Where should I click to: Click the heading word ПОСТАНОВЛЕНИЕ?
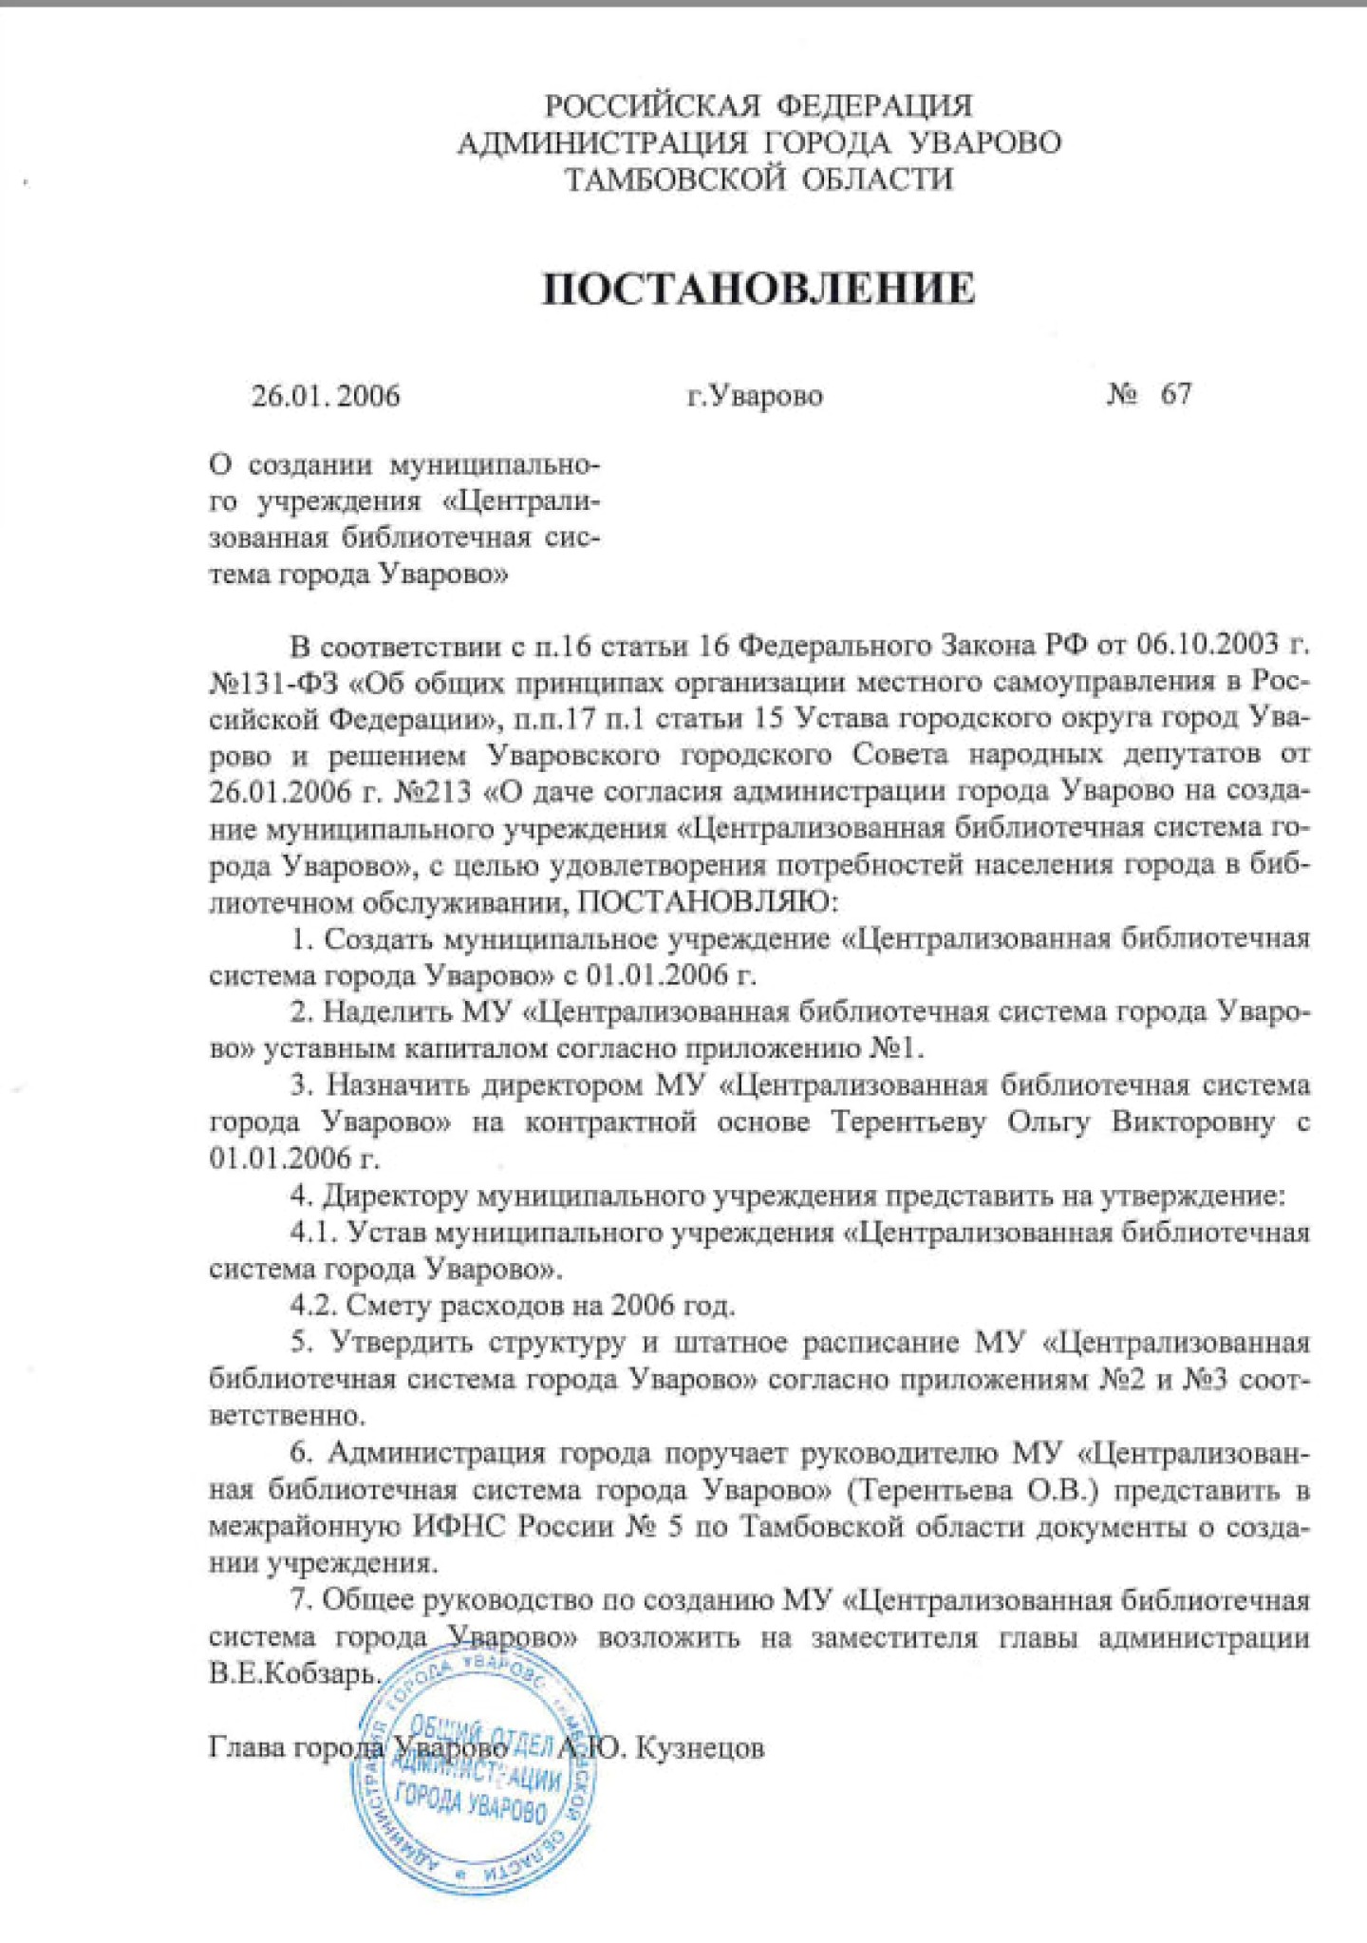(x=758, y=288)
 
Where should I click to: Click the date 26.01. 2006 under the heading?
(x=326, y=395)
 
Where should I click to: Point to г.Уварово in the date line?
(x=755, y=395)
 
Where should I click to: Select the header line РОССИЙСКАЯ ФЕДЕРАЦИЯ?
(x=758, y=104)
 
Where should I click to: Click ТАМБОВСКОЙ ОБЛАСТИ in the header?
(x=758, y=179)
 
